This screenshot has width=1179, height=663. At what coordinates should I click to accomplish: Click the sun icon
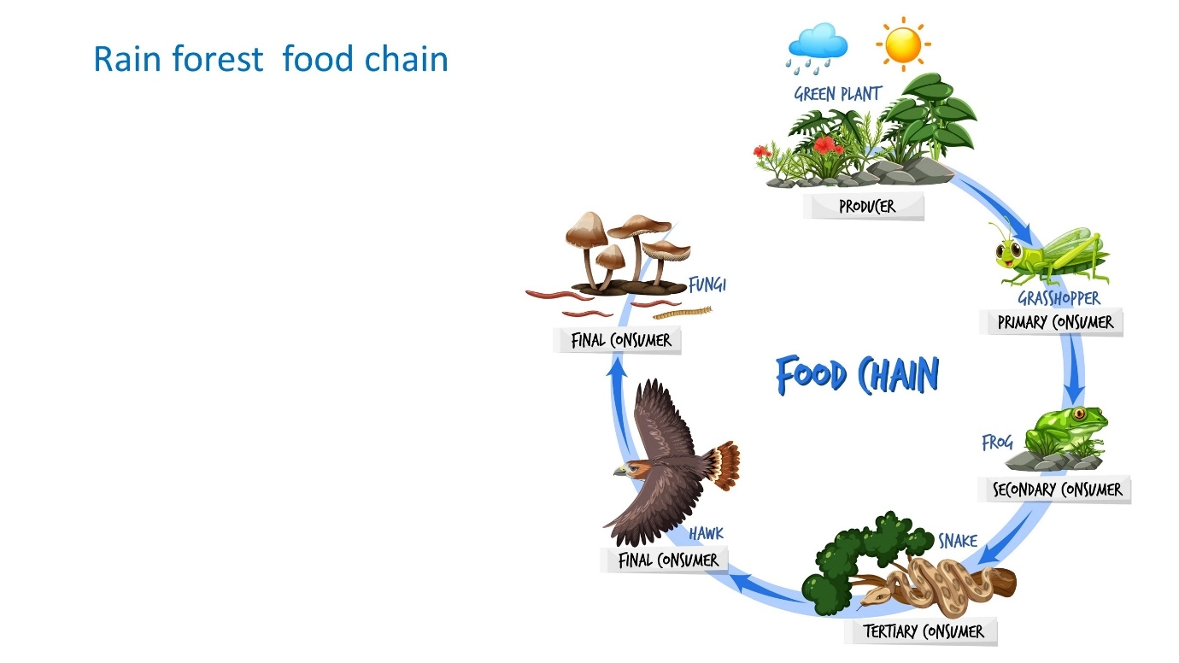click(x=903, y=44)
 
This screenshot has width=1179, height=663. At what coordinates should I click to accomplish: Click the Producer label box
click(x=864, y=206)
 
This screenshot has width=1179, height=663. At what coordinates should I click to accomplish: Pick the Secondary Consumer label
click(x=1054, y=490)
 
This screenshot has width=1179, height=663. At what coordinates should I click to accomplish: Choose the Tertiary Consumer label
click(x=921, y=631)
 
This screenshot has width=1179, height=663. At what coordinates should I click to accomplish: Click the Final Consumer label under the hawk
click(x=664, y=560)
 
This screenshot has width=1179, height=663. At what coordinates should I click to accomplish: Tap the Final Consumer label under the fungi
click(x=618, y=340)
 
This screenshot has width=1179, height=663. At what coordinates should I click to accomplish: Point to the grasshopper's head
click(x=1010, y=254)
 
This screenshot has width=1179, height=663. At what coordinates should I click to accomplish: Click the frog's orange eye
click(x=1080, y=413)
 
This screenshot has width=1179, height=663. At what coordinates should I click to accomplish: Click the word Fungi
click(x=707, y=285)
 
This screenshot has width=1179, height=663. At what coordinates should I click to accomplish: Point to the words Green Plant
click(x=838, y=94)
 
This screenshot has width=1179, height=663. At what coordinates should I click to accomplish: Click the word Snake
click(x=958, y=541)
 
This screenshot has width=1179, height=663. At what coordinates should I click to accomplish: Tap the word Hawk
click(x=707, y=533)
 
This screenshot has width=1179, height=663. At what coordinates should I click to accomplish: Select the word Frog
click(x=997, y=443)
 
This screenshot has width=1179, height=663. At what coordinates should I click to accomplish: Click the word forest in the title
click(x=217, y=58)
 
